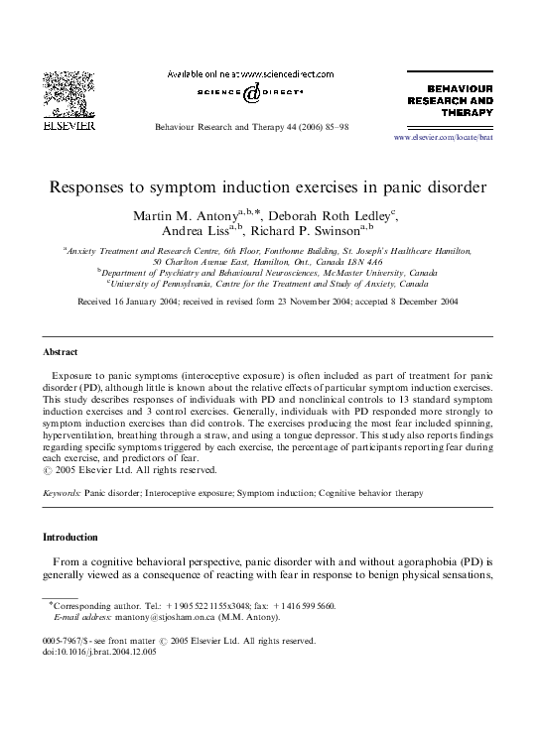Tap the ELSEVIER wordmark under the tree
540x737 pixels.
67,127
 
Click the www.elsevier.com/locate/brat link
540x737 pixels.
443,137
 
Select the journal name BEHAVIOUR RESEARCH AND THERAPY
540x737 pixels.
451,100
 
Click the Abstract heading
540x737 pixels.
61,352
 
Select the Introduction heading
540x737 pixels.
69,538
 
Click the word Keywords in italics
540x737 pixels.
62,493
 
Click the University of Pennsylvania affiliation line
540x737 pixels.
268,283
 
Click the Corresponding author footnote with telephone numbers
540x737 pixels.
193,605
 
